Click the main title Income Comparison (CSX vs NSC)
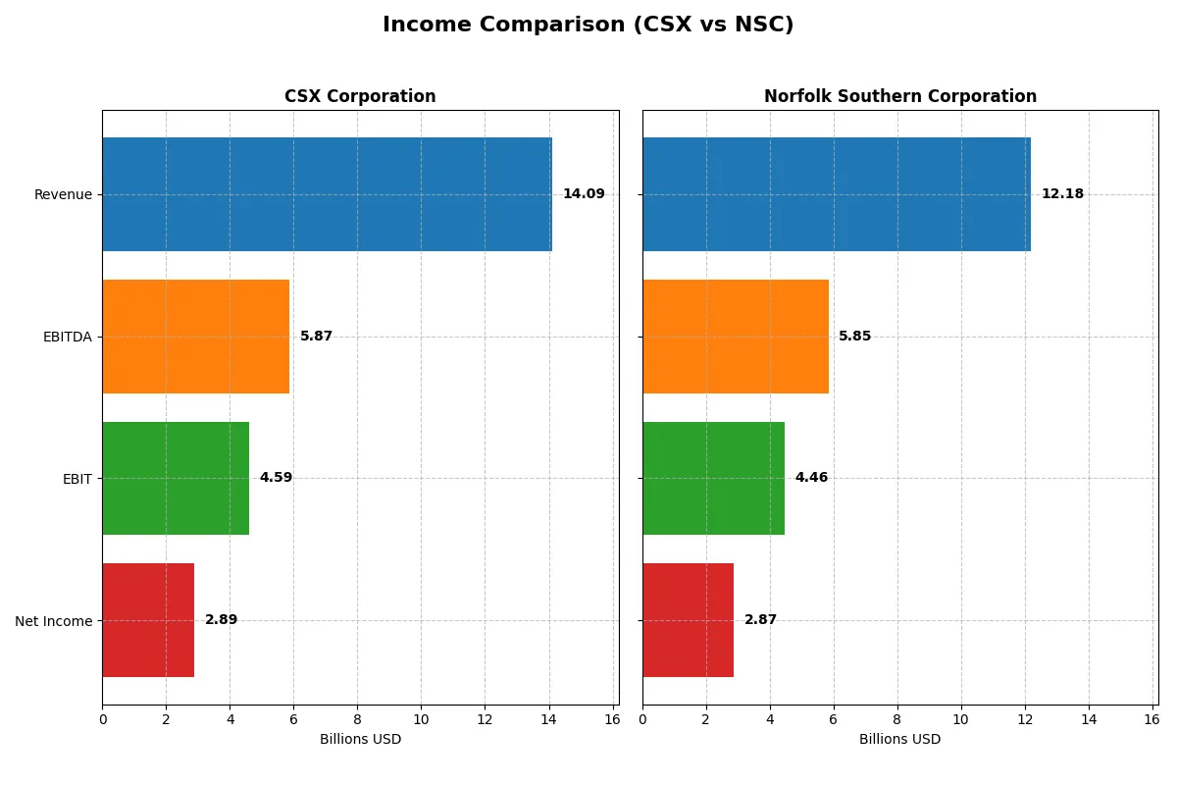coord(588,26)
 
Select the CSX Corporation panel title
coord(360,97)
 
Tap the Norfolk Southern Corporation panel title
coord(899,97)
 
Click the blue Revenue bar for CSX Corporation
coord(327,194)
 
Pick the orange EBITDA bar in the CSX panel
coord(195,337)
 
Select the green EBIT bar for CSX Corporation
coord(176,478)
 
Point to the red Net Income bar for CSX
coord(148,620)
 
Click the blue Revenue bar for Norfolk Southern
coord(836,194)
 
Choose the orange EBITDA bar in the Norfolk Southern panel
coord(735,337)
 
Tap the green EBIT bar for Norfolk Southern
coord(713,478)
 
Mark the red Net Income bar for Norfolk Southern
coord(688,620)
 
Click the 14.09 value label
coord(584,194)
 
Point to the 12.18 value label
coord(1062,194)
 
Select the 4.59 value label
coord(276,478)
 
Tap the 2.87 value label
coord(760,620)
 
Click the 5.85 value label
coord(854,337)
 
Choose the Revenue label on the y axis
coord(63,194)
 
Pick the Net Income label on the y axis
coord(54,620)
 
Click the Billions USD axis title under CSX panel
coord(360,740)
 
